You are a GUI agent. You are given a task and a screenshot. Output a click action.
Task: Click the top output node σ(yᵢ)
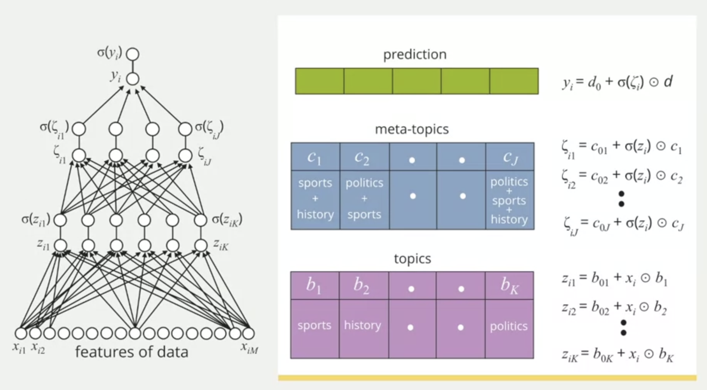point(133,54)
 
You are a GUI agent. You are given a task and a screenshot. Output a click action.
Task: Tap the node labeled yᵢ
point(133,79)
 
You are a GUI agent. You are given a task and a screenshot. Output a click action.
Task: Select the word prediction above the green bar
point(415,54)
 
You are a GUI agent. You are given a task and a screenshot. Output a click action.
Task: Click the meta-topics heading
point(412,129)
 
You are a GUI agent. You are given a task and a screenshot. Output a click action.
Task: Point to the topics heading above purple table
point(412,259)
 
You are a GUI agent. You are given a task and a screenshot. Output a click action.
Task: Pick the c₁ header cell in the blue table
point(315,157)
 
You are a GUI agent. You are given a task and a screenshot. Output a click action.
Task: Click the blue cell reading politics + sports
point(364,198)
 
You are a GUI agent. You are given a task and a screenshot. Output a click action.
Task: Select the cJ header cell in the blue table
point(510,157)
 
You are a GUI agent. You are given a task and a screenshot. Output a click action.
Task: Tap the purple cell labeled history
point(363,326)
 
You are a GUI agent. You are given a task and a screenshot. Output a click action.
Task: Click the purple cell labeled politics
point(509,326)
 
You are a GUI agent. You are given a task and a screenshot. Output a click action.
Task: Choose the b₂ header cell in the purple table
point(363,286)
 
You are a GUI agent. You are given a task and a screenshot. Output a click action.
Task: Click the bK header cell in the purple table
point(509,286)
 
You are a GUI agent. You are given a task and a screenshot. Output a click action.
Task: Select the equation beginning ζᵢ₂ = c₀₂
point(622,177)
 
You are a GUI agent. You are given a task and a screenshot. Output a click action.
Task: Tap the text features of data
point(131,352)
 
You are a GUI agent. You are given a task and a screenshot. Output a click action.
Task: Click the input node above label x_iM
point(248,333)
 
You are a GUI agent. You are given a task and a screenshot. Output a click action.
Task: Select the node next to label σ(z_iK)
point(200,220)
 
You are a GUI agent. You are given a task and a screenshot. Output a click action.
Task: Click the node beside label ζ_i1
point(79,156)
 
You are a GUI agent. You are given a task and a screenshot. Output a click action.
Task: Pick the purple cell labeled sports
point(314,326)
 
